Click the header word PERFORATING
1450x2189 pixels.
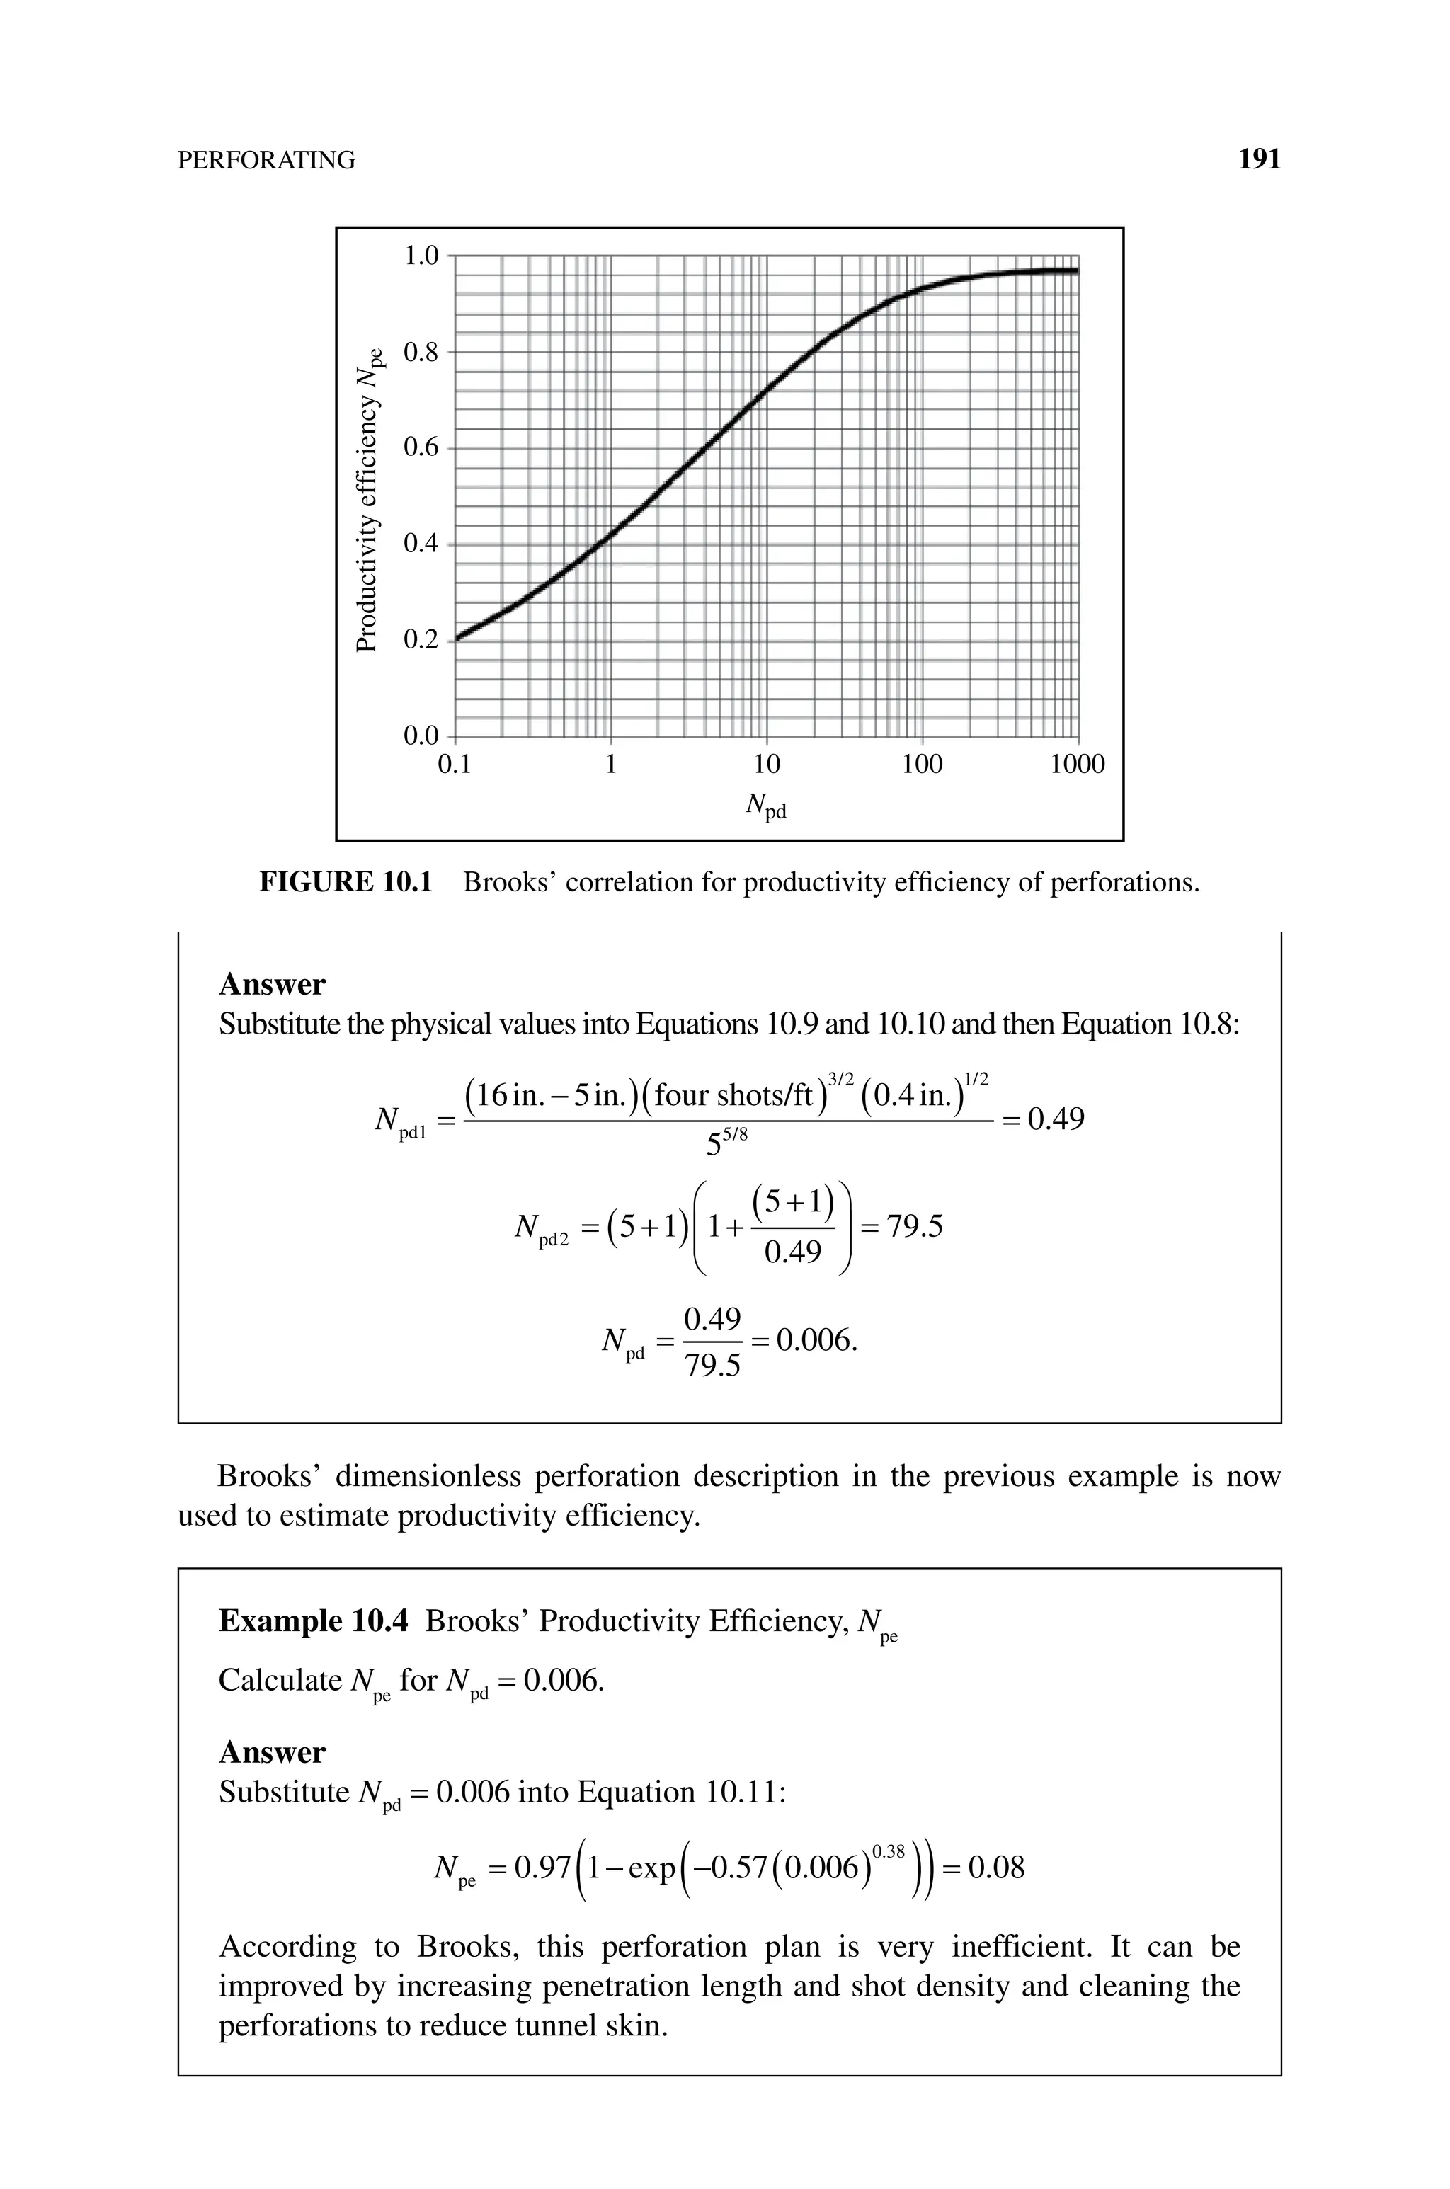pyautogui.click(x=266, y=161)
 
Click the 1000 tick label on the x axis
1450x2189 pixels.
pyautogui.click(x=1078, y=765)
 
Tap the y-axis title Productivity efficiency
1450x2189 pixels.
pyautogui.click(x=368, y=499)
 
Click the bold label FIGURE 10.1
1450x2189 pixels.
pyautogui.click(x=345, y=882)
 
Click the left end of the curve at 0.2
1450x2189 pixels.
pyautogui.click(x=458, y=638)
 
